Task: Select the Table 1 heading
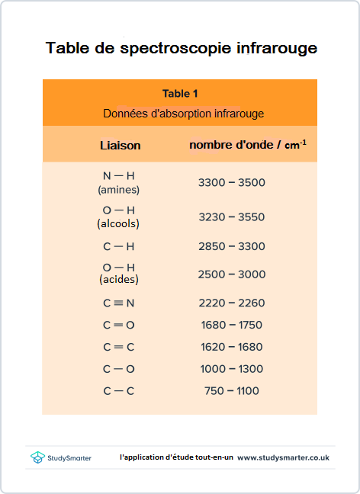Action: (x=180, y=94)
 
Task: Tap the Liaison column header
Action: (x=121, y=145)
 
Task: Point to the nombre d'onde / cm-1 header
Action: (x=248, y=144)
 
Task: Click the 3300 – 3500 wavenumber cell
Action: (x=231, y=183)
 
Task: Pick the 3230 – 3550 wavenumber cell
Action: (x=231, y=217)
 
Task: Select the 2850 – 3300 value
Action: (x=231, y=246)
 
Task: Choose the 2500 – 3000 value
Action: (x=231, y=274)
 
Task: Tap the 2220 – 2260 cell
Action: (x=231, y=303)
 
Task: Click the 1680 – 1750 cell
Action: (x=231, y=325)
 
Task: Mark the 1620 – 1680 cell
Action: (x=231, y=347)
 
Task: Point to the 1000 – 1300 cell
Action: (x=231, y=369)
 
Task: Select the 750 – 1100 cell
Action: (x=231, y=391)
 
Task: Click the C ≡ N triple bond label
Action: (x=118, y=303)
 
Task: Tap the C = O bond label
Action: (x=118, y=325)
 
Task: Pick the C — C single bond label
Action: (x=118, y=391)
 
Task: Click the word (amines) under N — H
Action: (x=118, y=189)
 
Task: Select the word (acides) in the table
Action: (x=118, y=280)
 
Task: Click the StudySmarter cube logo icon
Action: (x=37, y=457)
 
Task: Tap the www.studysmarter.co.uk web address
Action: (x=283, y=457)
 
